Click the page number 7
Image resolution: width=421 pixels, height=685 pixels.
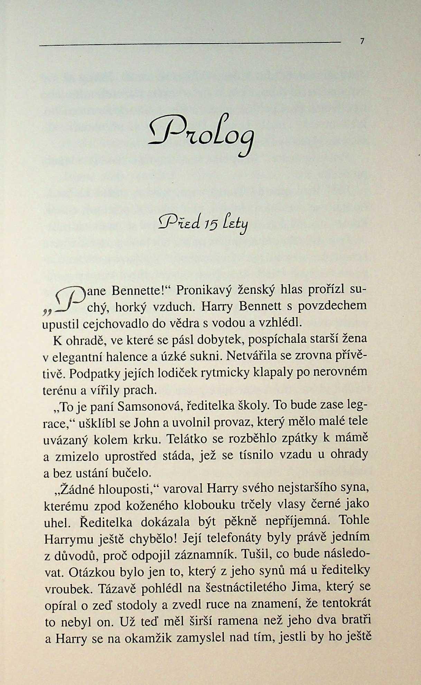[x=362, y=42]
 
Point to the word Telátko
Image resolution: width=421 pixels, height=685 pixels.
[x=187, y=439]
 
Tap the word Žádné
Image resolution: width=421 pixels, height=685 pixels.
[x=78, y=488]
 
